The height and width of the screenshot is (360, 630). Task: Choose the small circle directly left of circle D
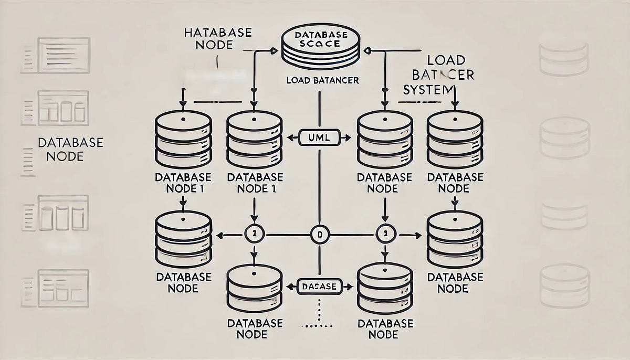click(254, 235)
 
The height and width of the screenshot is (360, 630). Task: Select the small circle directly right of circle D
click(384, 235)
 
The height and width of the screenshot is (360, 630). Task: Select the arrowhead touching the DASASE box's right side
click(346, 287)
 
